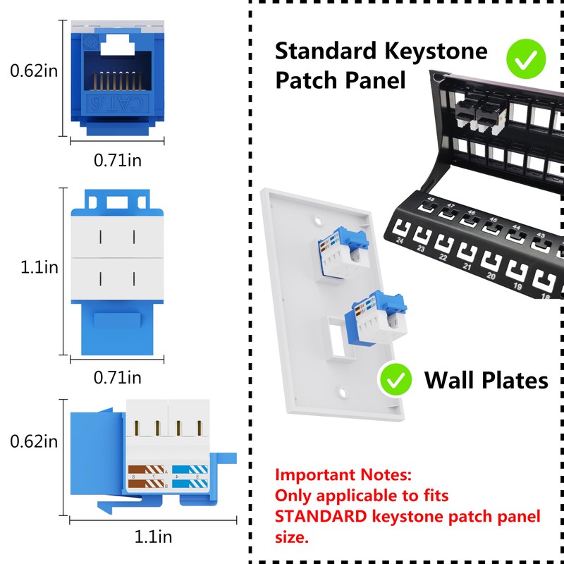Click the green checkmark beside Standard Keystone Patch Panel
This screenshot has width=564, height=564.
click(x=525, y=59)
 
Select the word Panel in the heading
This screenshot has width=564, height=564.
click(x=375, y=80)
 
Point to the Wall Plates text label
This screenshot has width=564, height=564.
click(x=486, y=381)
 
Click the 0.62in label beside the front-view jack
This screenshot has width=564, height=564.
click(x=33, y=70)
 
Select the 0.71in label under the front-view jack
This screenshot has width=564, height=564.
click(x=118, y=161)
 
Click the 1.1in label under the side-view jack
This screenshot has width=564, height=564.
click(x=153, y=537)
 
